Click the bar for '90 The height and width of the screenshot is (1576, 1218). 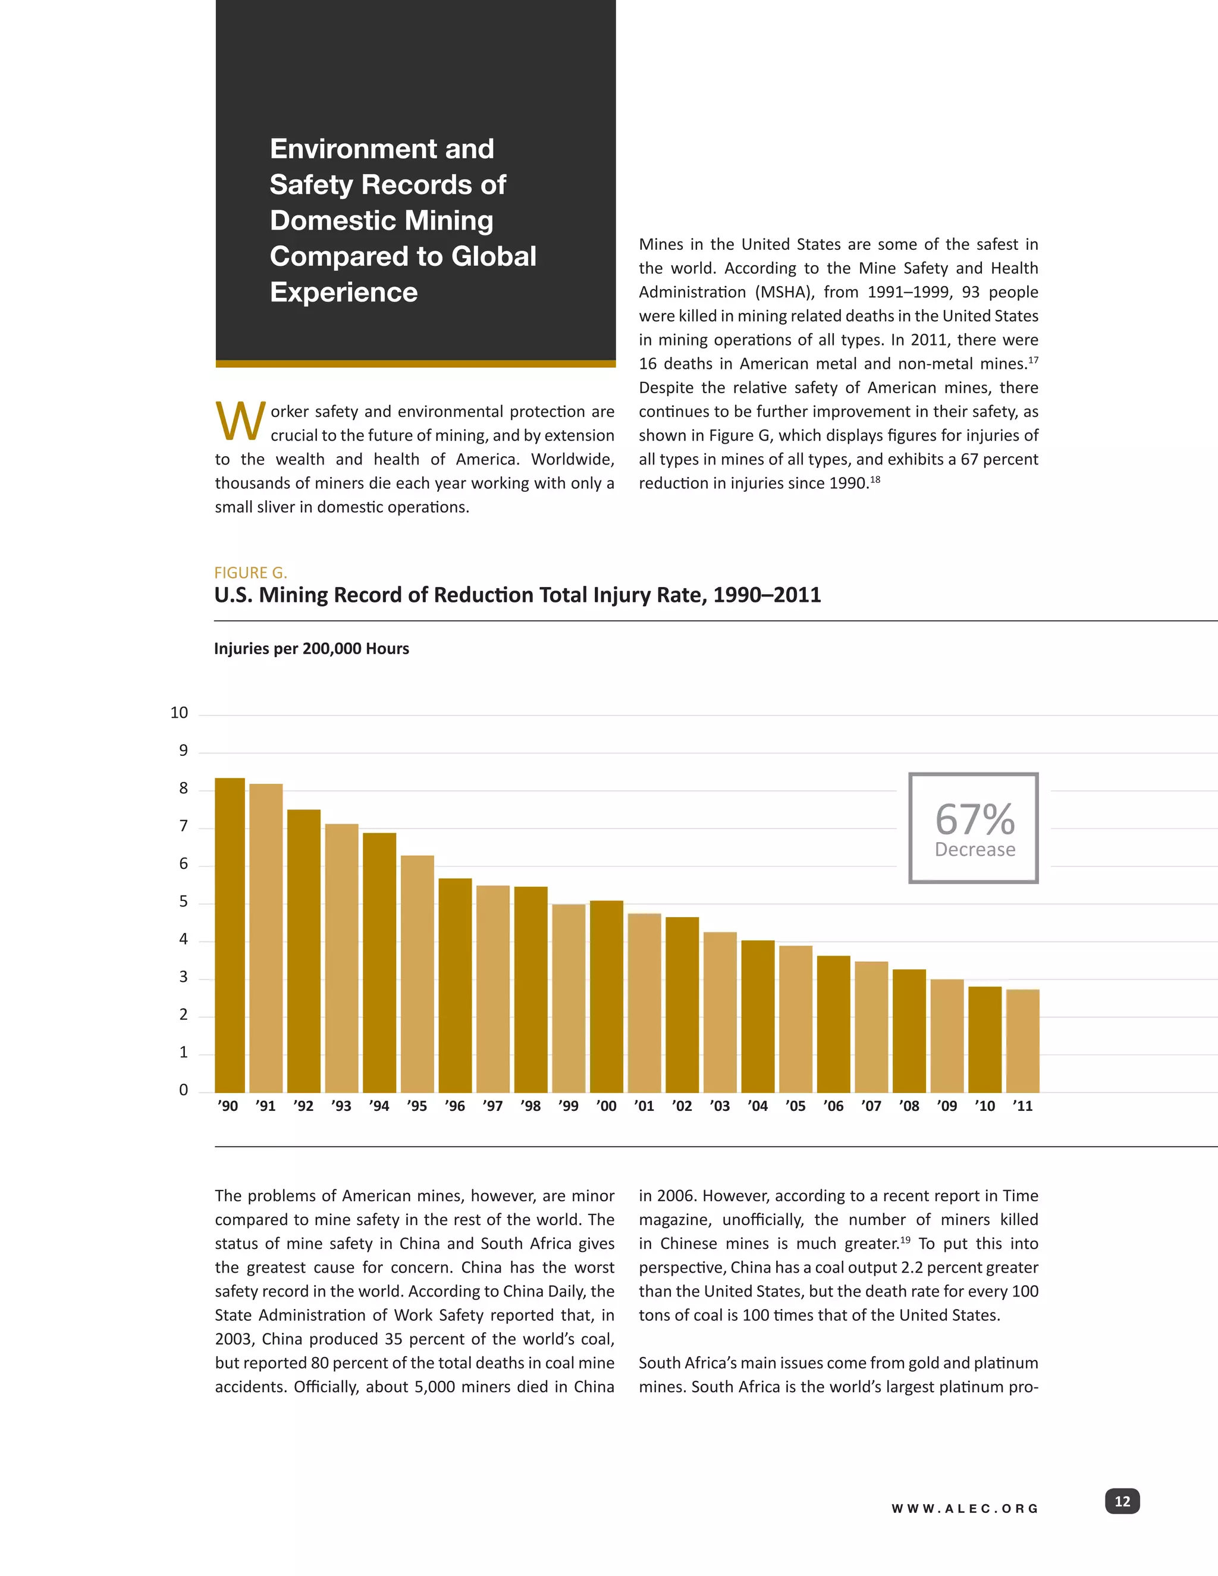click(230, 935)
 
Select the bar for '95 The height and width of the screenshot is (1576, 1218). click(417, 974)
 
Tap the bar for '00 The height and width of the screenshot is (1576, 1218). click(606, 997)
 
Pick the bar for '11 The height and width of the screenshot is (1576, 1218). click(1022, 1041)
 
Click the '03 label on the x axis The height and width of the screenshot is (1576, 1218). click(720, 1106)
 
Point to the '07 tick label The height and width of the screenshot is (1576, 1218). click(871, 1106)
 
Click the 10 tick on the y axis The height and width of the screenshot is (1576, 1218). click(179, 713)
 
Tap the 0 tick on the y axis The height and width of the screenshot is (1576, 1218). click(183, 1090)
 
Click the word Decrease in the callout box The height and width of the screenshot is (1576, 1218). click(975, 850)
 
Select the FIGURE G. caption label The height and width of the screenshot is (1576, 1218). click(250, 573)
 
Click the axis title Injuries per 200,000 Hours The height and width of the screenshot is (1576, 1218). click(311, 649)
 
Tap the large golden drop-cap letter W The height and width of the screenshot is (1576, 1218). click(240, 422)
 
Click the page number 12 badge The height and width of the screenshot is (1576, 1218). click(1122, 1502)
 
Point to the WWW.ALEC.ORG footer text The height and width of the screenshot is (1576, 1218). click(965, 1509)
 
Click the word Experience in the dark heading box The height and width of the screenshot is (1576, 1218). click(344, 292)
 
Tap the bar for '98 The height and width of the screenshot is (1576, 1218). click(530, 990)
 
